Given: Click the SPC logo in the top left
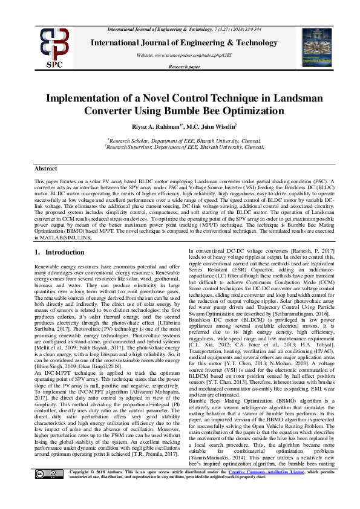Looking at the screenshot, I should pos(53,47).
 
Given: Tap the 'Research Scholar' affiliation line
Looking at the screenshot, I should pos(179,140).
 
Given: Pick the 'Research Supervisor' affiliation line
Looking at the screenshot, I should pos(179,146).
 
